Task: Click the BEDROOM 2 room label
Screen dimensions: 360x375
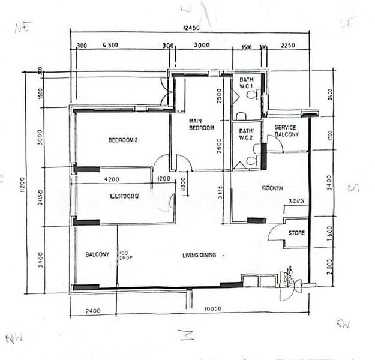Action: coord(123,140)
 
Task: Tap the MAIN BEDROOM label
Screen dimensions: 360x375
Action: coord(201,124)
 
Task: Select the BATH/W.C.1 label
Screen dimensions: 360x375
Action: coord(247,83)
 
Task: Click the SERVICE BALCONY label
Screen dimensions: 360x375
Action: coord(286,131)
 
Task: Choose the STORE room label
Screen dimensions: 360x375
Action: coord(296,233)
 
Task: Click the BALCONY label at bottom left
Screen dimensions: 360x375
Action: coord(97,254)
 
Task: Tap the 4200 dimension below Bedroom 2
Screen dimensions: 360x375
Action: coord(112,179)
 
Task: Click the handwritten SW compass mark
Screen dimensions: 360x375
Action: coord(343,325)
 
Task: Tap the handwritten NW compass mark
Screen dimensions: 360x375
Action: coord(14,338)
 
